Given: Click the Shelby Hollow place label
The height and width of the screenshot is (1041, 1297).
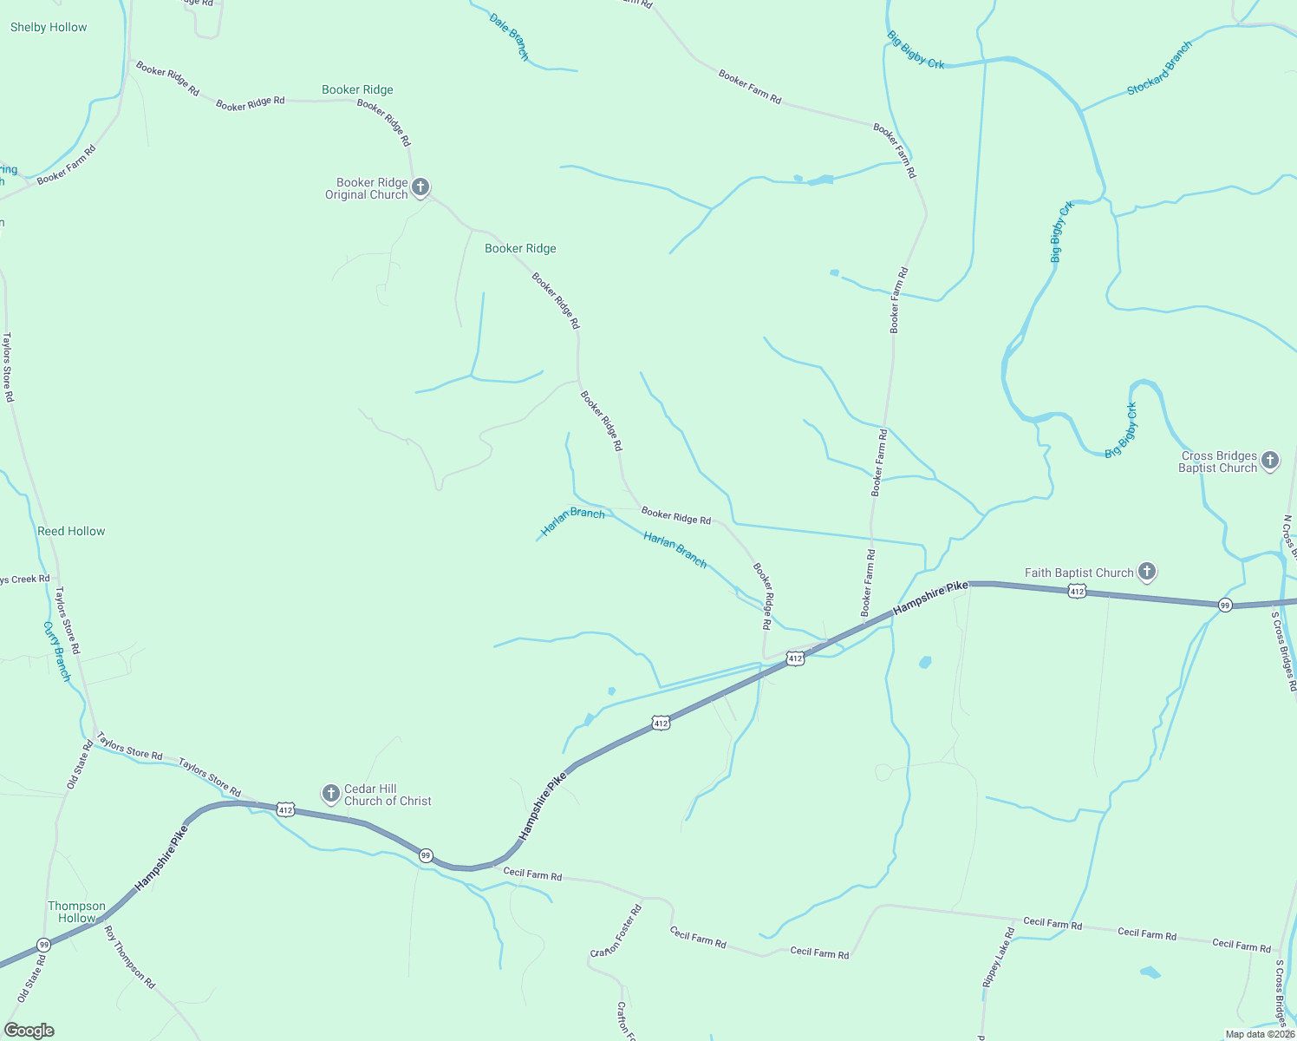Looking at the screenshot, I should (x=49, y=28).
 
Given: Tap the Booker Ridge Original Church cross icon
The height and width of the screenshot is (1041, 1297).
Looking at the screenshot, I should (x=420, y=187).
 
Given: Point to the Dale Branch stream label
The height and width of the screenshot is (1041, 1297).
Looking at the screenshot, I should (x=509, y=36).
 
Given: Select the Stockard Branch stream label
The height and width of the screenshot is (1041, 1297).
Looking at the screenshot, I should (x=1160, y=69).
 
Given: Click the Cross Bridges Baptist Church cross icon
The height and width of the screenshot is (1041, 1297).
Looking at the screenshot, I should (x=1270, y=461).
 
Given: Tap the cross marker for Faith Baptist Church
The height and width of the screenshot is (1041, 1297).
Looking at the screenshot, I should (x=1147, y=572).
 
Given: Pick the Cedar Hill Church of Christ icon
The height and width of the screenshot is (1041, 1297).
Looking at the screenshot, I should (x=330, y=793).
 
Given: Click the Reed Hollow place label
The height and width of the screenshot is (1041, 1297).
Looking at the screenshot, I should (x=71, y=531).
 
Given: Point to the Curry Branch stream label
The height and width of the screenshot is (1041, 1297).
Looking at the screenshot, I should (x=57, y=651).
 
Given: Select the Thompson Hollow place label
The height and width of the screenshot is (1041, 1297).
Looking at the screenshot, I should (x=76, y=912).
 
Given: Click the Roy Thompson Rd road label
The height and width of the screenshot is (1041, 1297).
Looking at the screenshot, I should (x=129, y=958).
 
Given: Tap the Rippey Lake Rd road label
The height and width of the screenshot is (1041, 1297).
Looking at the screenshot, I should (x=998, y=958).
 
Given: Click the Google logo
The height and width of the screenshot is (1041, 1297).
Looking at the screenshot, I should (x=29, y=1031).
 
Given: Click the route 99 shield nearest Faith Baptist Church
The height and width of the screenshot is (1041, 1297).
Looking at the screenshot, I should (x=1225, y=605).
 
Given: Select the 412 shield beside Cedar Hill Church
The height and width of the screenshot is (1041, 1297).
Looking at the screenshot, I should (x=285, y=810).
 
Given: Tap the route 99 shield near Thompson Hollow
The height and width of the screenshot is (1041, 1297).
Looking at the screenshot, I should (x=43, y=944).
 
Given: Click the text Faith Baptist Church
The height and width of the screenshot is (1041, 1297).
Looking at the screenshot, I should (x=1079, y=573).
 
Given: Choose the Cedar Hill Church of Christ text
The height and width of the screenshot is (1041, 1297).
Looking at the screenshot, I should (x=388, y=795).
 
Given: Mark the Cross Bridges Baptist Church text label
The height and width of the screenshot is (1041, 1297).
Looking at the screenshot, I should (x=1218, y=462).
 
